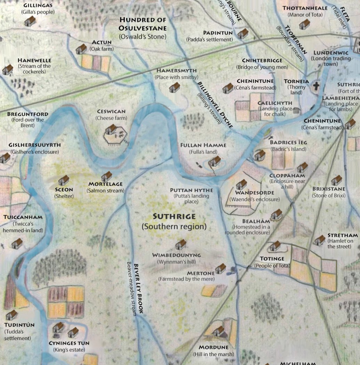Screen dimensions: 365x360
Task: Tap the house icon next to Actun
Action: (81, 49)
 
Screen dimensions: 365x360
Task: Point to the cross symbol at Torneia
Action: (316, 86)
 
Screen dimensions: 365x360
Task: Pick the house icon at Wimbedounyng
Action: (181, 244)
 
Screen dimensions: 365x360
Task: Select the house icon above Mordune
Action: (219, 331)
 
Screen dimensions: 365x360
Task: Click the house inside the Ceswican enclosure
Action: (111, 129)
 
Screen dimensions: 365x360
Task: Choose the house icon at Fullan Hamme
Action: (215, 161)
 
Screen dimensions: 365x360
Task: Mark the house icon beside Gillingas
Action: (30, 21)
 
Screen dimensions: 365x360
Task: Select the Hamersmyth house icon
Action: (174, 87)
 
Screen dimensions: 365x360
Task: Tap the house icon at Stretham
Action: (319, 240)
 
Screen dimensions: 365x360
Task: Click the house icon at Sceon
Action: (64, 180)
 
